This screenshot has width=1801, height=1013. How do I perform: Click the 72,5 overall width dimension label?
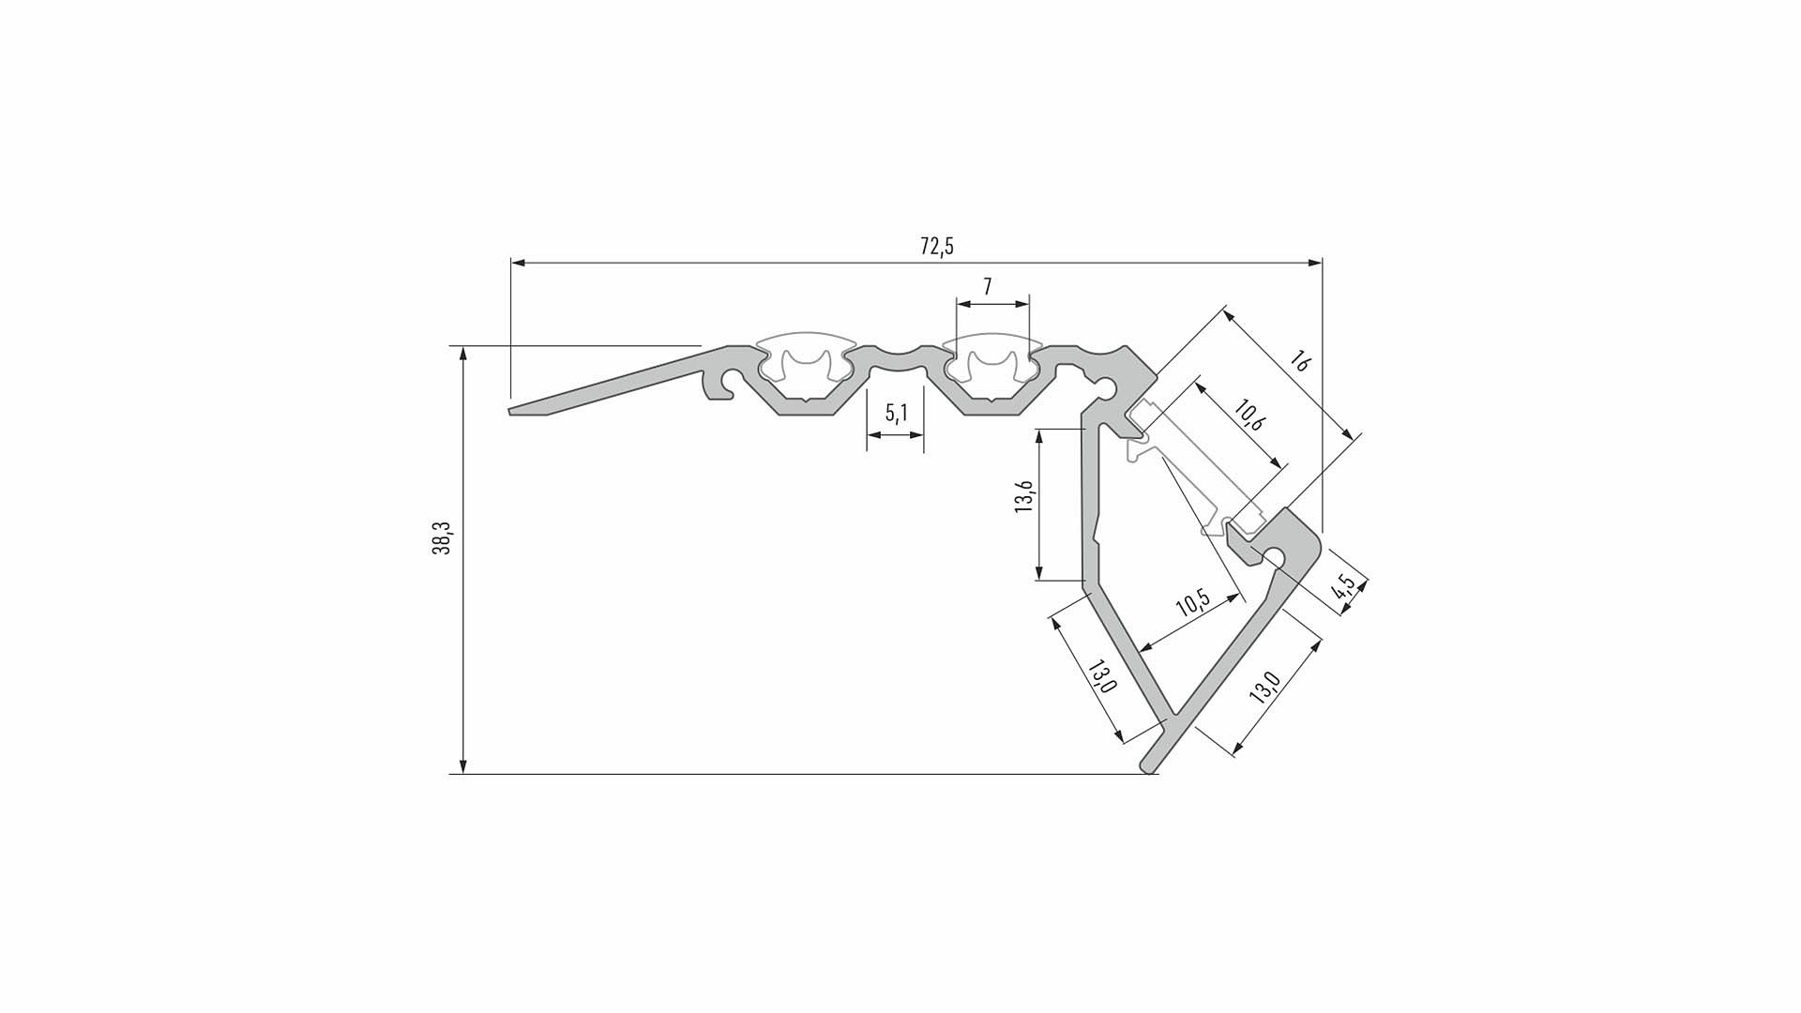(937, 247)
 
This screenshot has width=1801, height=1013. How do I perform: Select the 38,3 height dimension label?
(441, 538)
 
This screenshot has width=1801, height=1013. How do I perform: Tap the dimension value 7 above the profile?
(987, 287)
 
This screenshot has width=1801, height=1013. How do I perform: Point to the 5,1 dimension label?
(897, 412)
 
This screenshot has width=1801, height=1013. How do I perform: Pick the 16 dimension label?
(1299, 360)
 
